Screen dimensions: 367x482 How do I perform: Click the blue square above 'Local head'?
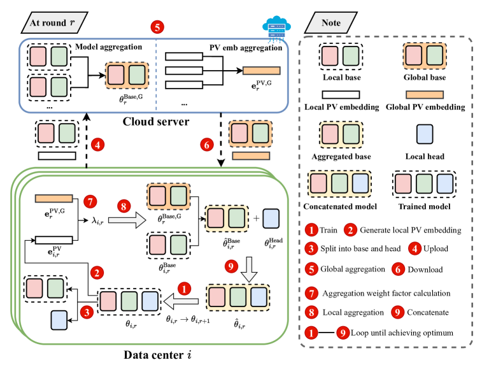tap(425, 135)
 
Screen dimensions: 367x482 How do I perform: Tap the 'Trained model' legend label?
tap(425, 206)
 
